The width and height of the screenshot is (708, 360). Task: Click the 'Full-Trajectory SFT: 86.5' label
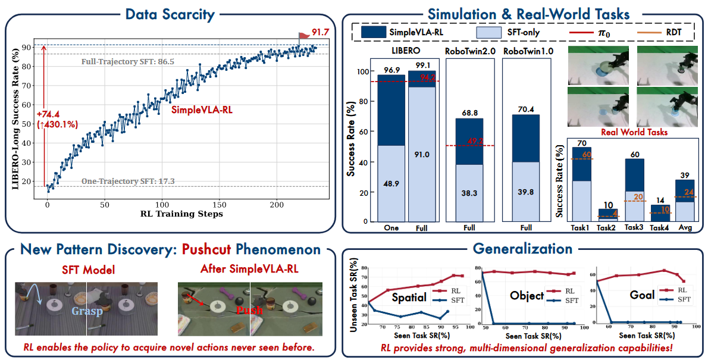coord(127,61)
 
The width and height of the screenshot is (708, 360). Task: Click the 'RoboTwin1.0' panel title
coord(527,51)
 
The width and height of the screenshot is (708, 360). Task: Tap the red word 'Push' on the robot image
coord(248,310)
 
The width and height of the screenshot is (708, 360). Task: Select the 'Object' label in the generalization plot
coord(527,296)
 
